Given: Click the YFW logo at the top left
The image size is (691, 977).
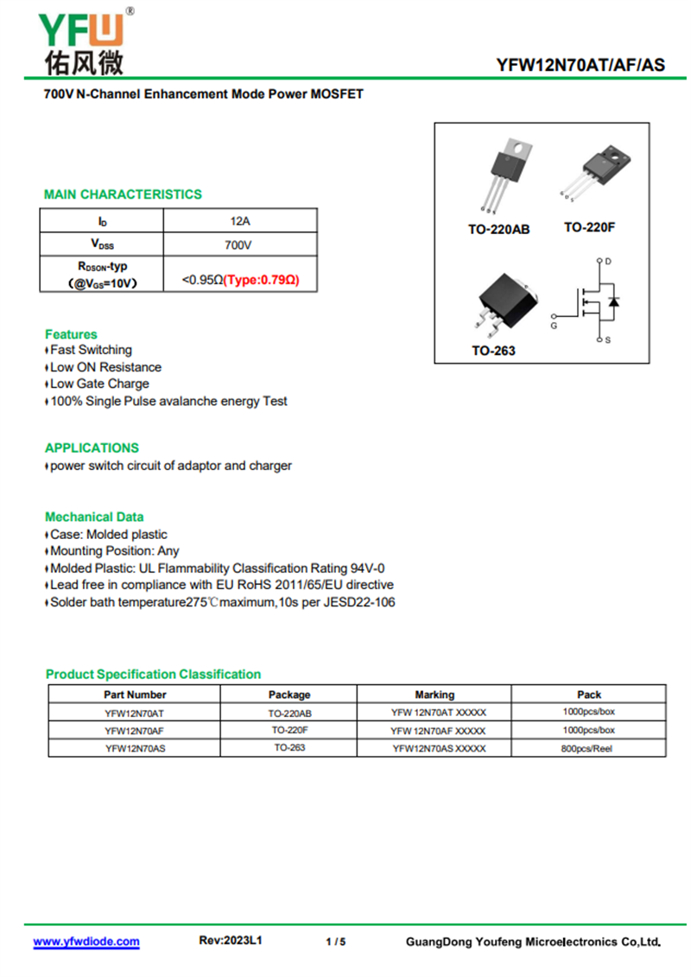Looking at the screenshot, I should click(82, 41).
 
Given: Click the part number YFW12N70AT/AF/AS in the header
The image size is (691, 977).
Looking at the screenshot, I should click(580, 65).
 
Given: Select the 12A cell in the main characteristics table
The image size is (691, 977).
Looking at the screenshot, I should click(240, 221).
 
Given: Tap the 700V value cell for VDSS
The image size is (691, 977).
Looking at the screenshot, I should click(239, 245).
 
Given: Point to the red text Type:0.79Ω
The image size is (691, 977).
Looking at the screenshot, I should click(262, 280).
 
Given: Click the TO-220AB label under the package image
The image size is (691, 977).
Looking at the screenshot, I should click(498, 230).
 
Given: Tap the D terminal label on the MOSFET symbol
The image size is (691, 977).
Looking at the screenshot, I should click(608, 261).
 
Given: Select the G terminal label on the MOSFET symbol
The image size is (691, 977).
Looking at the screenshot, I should click(554, 326).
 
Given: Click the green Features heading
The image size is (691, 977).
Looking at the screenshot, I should click(71, 334).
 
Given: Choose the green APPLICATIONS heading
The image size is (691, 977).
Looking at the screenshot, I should click(92, 447).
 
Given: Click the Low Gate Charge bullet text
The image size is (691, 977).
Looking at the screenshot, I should click(99, 384).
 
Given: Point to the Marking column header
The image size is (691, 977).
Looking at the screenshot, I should click(434, 695).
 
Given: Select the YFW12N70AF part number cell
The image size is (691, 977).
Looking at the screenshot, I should click(134, 731).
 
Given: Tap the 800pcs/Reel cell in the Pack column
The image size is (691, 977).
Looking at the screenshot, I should click(587, 749).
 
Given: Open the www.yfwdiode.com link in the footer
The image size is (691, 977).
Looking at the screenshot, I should click(86, 941).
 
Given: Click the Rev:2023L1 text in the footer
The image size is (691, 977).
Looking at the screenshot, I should click(231, 940).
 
